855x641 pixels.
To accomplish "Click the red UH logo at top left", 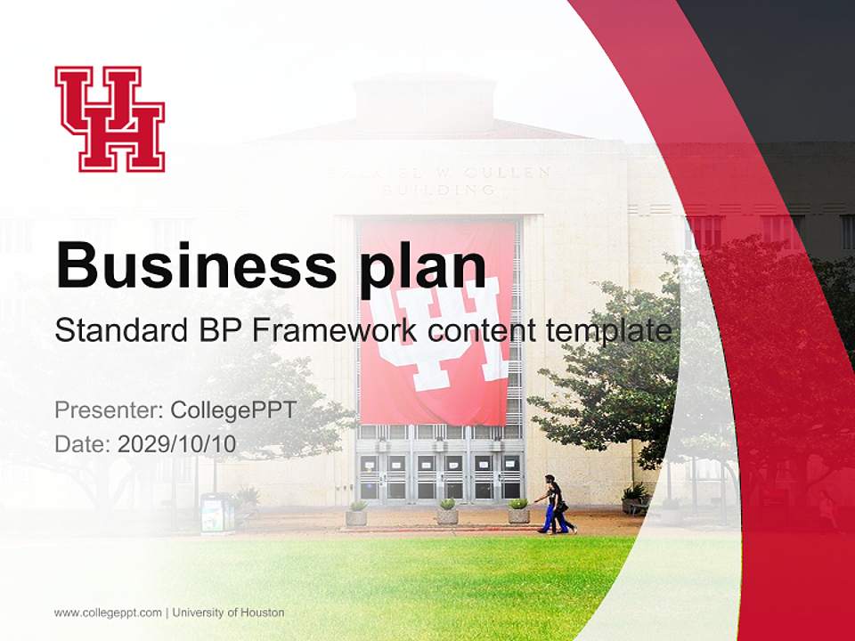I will click(x=110, y=118).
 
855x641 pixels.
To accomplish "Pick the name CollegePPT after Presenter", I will click(x=232, y=410).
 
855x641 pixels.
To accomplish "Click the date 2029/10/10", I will click(x=177, y=443).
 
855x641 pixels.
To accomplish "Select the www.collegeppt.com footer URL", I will click(x=108, y=613).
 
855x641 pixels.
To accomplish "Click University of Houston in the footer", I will click(x=229, y=613).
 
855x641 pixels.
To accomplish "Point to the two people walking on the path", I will click(x=556, y=506).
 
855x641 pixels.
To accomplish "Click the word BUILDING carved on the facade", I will click(x=438, y=190).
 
